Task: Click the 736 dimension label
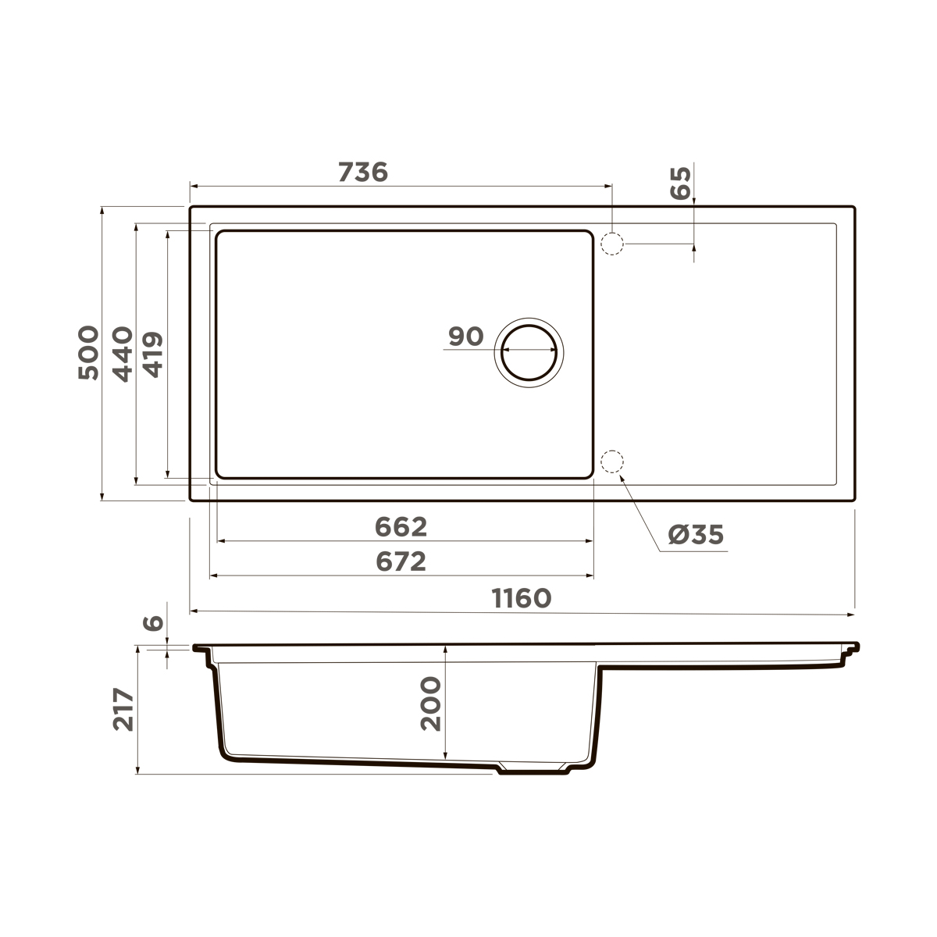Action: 363,172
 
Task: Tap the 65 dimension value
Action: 681,183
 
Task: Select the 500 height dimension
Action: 89,352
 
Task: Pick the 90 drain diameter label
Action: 466,337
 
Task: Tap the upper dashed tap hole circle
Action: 612,244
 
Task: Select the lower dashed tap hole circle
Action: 612,462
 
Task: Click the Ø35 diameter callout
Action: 697,535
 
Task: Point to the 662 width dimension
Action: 401,527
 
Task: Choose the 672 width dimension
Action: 401,561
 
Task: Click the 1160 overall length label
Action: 522,598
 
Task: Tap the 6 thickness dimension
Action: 154,622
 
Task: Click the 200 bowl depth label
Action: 430,703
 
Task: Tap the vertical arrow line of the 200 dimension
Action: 445,703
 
